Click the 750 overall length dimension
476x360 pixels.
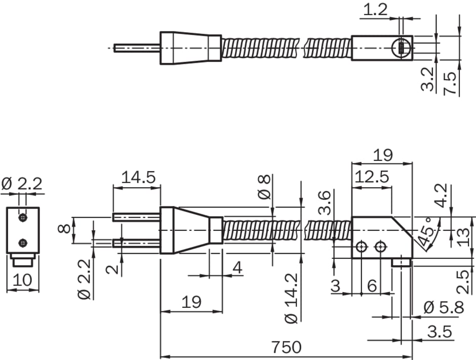(x=286, y=347)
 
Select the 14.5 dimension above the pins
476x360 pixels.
(x=138, y=177)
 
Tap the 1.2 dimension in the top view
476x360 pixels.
(x=376, y=10)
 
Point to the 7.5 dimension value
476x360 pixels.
(x=450, y=83)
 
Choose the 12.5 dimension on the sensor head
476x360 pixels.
(x=372, y=177)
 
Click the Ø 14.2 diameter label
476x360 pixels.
(x=292, y=298)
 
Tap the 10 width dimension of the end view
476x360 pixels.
(x=22, y=279)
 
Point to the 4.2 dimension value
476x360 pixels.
(x=441, y=195)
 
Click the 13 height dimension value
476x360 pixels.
(x=463, y=237)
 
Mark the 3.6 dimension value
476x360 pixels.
(x=324, y=203)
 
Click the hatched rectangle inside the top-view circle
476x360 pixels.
(x=402, y=48)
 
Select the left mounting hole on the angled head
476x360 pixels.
(x=361, y=247)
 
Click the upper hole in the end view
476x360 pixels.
(x=22, y=218)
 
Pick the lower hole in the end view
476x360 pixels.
(x=22, y=243)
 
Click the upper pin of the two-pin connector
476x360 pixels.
(x=136, y=217)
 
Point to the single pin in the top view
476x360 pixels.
(x=137, y=48)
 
